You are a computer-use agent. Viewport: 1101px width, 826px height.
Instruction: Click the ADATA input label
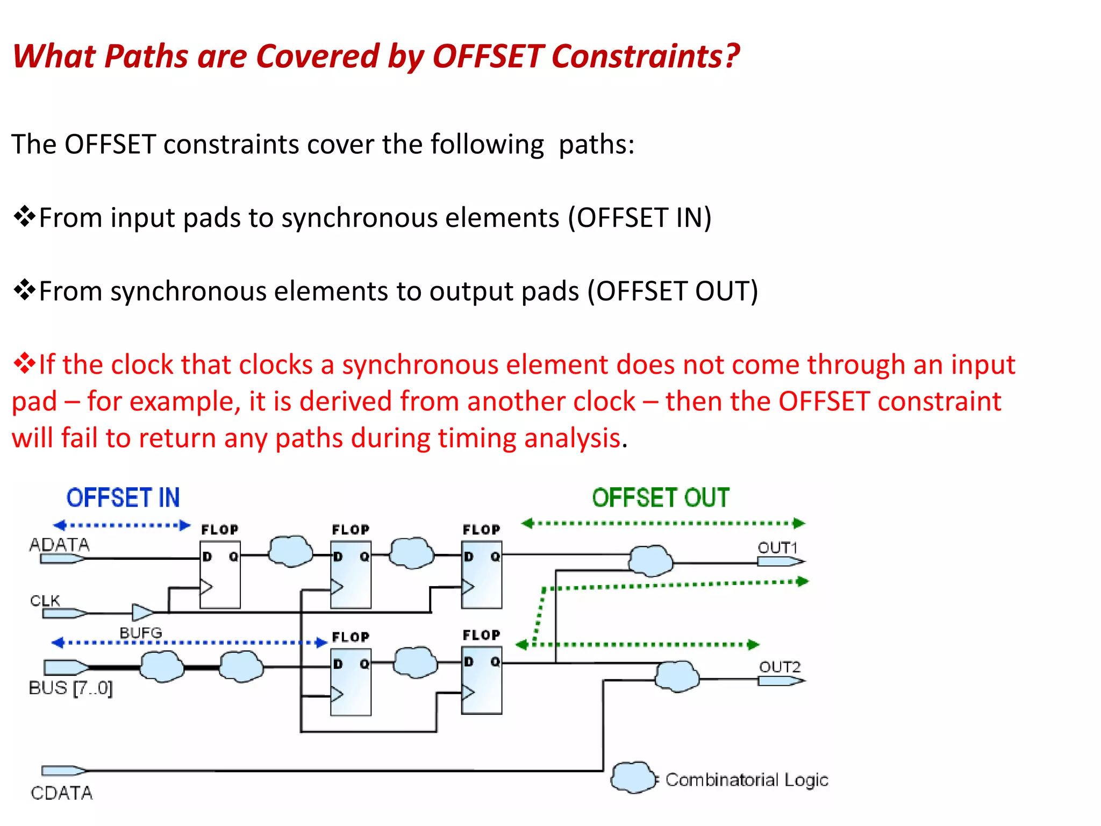(59, 545)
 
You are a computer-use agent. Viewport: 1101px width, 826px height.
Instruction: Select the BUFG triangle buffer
(142, 612)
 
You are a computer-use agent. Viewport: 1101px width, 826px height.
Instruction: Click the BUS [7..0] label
(70, 688)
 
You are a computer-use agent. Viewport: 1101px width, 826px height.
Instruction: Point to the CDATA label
(61, 793)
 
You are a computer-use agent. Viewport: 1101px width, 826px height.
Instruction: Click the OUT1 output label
(777, 547)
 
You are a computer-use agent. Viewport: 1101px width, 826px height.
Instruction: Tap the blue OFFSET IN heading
(123, 497)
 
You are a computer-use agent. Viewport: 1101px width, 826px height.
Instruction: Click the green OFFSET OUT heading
(661, 497)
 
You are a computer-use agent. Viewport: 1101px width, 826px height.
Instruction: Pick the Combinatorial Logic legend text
(747, 779)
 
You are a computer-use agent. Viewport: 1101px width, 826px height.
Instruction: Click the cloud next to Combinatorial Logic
(633, 778)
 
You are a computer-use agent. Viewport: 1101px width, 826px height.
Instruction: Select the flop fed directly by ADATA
(220, 574)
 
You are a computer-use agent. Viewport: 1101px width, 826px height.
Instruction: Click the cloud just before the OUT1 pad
(650, 560)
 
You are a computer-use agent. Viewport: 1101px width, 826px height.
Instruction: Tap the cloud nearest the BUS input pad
(161, 666)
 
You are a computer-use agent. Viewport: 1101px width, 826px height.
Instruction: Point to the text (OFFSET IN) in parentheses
(640, 218)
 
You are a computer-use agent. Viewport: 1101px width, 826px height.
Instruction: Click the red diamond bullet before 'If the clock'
(24, 364)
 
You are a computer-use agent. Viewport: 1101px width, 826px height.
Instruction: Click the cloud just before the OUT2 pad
(677, 676)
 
